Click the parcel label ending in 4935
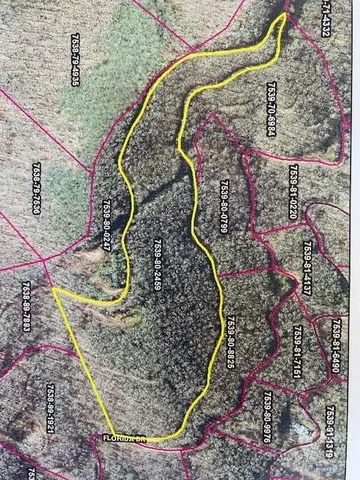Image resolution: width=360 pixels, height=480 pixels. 76,61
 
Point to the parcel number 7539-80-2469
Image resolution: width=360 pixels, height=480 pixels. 157,265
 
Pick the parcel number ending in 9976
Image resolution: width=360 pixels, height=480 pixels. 268,418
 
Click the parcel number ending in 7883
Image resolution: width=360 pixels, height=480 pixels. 26,309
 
